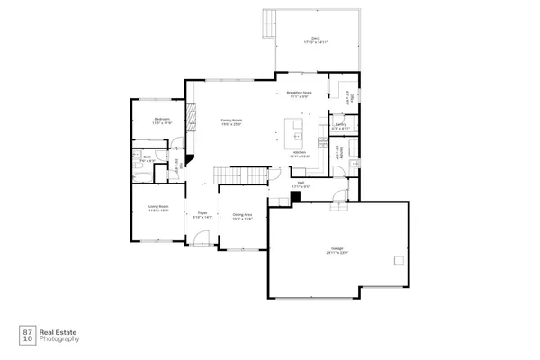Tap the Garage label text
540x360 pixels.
pos(337,251)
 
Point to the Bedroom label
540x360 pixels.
pos(162,121)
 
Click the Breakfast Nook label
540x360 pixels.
pos(299,94)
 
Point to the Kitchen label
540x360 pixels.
pos(300,154)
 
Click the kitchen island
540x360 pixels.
pos(294,133)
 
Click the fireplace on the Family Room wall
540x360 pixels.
pos(190,118)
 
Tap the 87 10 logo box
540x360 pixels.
pos(28,335)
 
